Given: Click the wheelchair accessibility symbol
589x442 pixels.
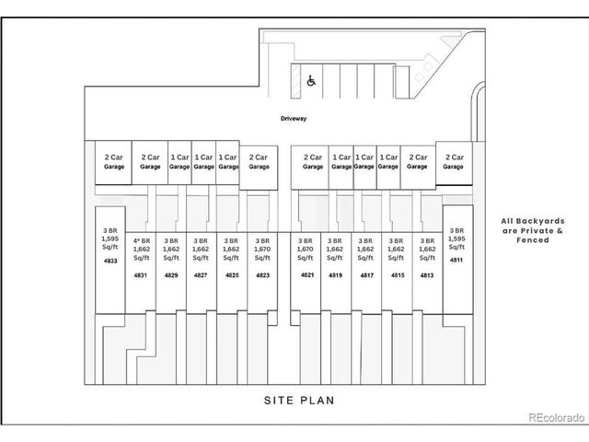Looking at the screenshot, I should coord(311,80).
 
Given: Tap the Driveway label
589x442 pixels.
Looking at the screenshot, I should coord(294,120).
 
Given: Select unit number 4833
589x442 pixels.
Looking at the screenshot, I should coord(110,262).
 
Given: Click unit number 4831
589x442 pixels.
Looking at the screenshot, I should coord(141,275).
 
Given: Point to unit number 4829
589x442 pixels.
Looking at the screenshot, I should coord(171,275).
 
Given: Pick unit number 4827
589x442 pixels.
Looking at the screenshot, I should coord(201,275).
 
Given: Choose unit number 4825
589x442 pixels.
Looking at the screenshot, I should coord(232,275).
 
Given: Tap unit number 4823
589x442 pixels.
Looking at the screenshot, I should coord(262,275).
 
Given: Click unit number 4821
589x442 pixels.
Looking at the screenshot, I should coord(306,275).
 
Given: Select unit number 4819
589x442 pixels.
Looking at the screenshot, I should coord(336,275).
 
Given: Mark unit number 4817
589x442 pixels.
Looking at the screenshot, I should coord(366,275).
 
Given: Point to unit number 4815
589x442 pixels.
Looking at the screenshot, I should coord(397,275).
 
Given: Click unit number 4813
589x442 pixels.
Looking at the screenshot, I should coord(426,275).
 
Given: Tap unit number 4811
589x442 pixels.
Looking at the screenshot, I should coord(456,261).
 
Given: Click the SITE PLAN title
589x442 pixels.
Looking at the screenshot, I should coord(294,401).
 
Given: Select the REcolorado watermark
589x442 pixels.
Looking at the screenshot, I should coord(556,418).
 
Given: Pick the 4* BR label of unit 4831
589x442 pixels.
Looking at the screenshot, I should coord(141,240).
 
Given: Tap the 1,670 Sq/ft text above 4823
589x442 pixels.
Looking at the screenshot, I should coord(262,253).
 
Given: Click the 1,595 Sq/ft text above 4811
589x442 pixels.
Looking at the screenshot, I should coord(456,242).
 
